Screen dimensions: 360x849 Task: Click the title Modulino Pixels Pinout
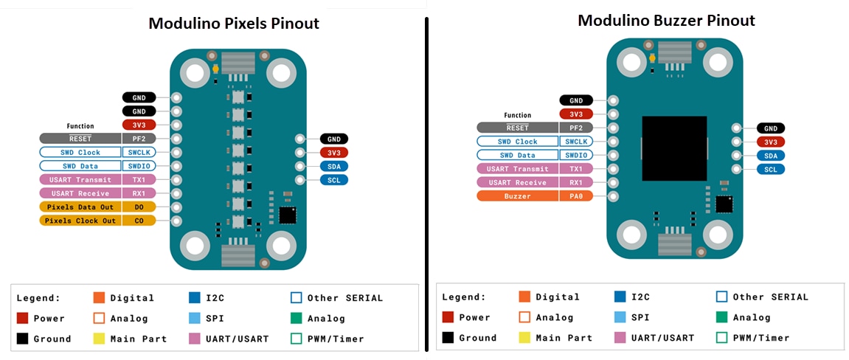[234, 23]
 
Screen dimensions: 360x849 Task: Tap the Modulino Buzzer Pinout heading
[666, 20]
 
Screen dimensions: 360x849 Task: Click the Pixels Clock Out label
[80, 221]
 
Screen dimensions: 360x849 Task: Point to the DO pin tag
[139, 207]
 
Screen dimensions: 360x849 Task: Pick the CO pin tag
[139, 221]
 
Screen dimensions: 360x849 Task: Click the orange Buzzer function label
[518, 196]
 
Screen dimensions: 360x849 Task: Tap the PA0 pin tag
[577, 196]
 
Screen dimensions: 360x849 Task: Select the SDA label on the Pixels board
[334, 166]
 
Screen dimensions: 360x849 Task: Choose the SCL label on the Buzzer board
[771, 169]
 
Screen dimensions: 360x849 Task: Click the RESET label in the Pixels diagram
[80, 138]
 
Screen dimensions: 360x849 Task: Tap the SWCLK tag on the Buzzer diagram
[577, 142]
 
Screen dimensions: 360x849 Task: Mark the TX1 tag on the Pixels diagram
[139, 179]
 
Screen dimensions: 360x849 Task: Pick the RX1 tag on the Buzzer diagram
[577, 182]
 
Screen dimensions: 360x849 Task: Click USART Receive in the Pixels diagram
[80, 193]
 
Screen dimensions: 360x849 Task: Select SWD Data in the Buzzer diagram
[518, 155]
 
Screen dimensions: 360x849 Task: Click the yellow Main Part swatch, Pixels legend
[99, 339]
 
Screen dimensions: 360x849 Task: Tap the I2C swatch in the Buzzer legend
[620, 297]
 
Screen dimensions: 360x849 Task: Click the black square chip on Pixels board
[286, 215]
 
